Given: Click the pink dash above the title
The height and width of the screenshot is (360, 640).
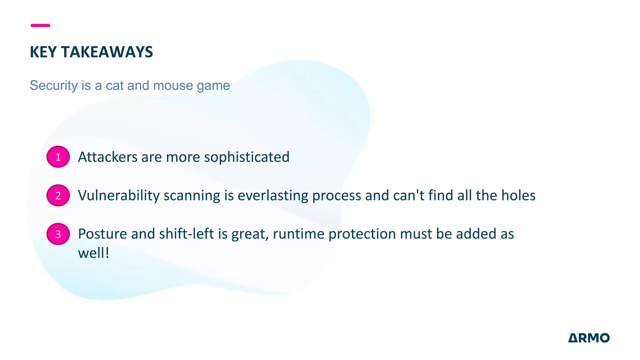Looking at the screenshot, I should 40,25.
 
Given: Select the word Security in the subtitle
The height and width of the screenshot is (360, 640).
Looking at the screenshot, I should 53,85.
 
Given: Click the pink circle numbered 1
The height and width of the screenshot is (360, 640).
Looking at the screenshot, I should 58,157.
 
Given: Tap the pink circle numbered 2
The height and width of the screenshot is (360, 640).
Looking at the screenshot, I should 58,195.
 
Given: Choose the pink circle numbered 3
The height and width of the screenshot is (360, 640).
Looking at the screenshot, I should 58,234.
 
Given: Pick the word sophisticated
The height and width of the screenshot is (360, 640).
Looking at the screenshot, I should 247,157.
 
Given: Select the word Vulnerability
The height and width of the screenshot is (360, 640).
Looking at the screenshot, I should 119,196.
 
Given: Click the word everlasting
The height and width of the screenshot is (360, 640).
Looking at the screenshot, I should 273,196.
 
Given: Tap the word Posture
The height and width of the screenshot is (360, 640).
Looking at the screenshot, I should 102,234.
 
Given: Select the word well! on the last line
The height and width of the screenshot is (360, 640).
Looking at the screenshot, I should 93,253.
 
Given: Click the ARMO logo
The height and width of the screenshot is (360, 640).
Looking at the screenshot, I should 589,338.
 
